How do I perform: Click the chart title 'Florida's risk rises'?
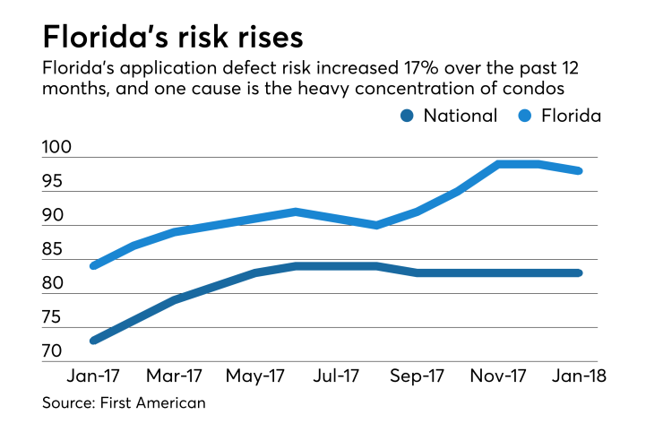172,39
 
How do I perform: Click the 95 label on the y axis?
53,182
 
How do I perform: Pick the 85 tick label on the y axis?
53,250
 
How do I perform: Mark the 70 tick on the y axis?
53,352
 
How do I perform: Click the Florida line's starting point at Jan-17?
93,265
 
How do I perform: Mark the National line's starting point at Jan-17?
93,341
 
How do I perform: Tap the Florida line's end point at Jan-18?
579,170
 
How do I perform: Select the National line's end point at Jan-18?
579,272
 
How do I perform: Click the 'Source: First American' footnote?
124,403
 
